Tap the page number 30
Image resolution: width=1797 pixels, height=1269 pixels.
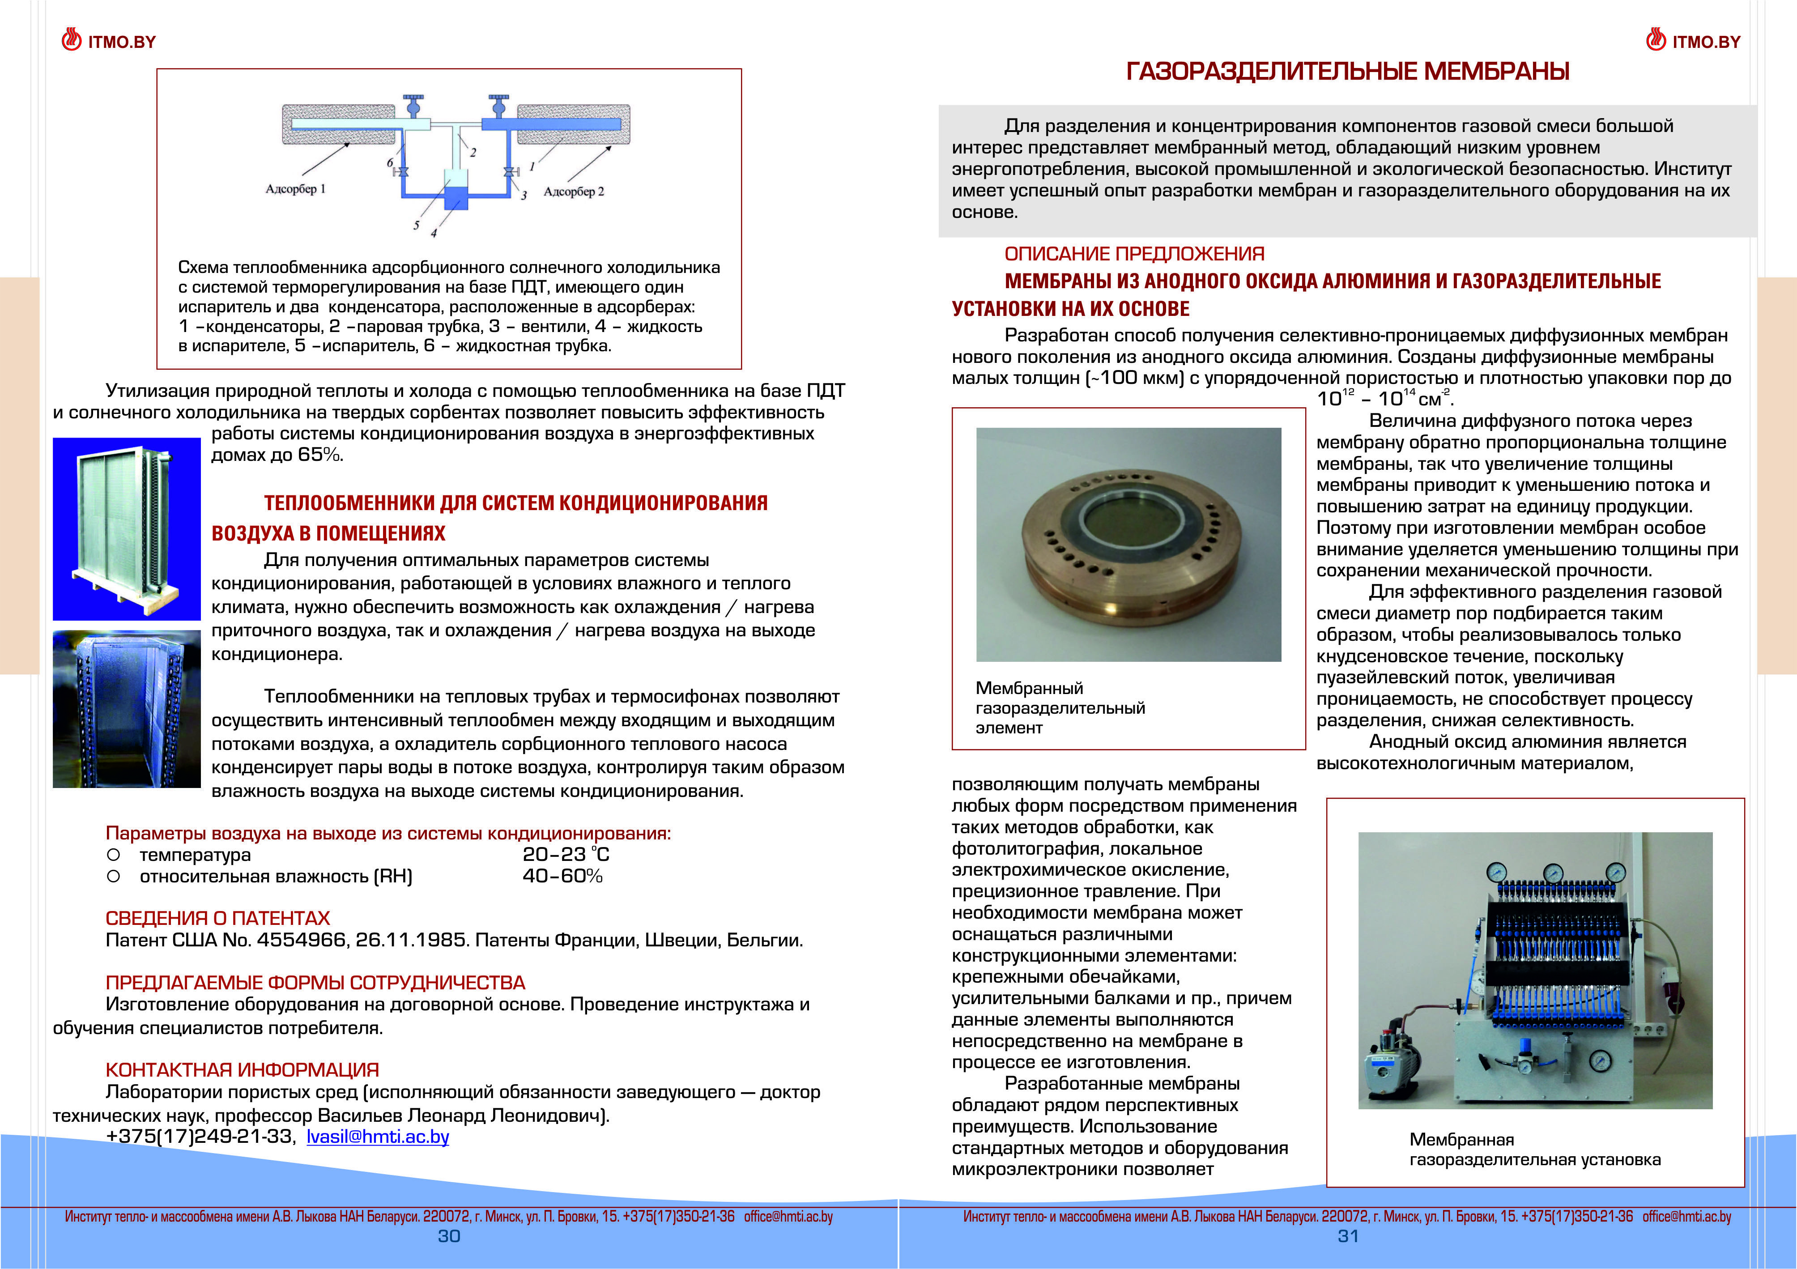pos(448,1236)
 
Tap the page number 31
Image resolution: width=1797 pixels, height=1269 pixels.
pos(1348,1236)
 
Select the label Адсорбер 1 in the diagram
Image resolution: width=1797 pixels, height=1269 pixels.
pos(295,189)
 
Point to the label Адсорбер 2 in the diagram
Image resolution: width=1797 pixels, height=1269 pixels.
pos(574,192)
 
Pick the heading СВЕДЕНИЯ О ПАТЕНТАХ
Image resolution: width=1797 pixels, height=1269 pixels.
pos(217,918)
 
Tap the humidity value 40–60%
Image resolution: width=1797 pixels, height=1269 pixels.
pos(562,876)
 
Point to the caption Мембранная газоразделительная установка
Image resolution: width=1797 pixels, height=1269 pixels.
pos(1534,1149)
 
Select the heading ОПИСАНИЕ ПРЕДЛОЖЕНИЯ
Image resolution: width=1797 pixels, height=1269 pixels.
pos(1134,254)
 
